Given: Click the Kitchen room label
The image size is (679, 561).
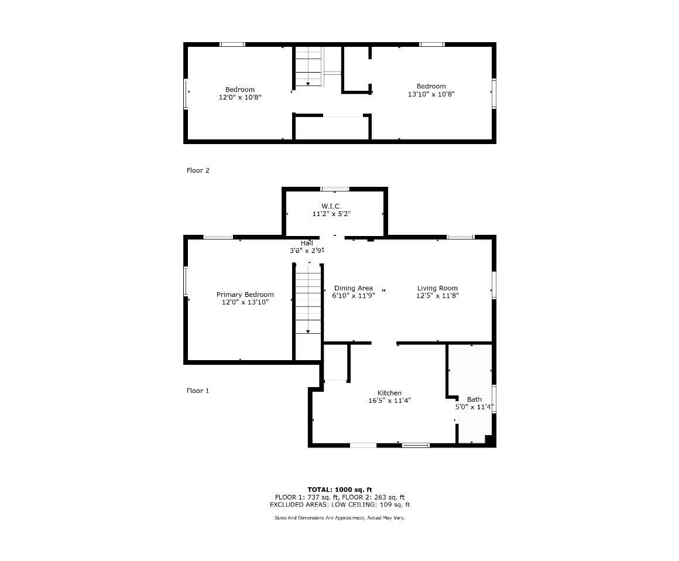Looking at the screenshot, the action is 389,393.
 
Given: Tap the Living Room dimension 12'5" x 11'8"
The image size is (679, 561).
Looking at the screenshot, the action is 437,296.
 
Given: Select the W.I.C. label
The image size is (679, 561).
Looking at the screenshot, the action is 331,206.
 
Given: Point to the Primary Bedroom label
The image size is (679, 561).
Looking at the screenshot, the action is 245,295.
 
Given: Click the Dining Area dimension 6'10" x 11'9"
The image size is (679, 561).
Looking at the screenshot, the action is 354,296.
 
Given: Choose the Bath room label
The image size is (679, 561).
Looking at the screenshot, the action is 474,399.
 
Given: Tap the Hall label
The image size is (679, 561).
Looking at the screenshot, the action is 307,243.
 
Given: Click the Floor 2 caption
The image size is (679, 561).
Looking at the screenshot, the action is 198,170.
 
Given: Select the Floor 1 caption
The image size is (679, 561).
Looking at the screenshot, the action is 198,391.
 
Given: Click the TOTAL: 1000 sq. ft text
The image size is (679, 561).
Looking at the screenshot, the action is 340,490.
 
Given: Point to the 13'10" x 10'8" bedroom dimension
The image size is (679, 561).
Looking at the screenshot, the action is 431,94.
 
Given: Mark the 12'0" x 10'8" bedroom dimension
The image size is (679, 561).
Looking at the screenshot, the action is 240,97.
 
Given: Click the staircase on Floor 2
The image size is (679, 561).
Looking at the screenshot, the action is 309,66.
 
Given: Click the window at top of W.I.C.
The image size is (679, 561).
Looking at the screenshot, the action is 335,189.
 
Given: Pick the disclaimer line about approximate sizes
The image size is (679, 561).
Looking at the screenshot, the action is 340,518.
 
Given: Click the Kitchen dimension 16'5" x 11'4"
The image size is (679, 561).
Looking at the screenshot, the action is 389,401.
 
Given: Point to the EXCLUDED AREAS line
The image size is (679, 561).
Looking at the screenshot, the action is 340,505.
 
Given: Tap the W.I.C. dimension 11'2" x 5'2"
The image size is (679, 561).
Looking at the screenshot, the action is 331,214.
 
